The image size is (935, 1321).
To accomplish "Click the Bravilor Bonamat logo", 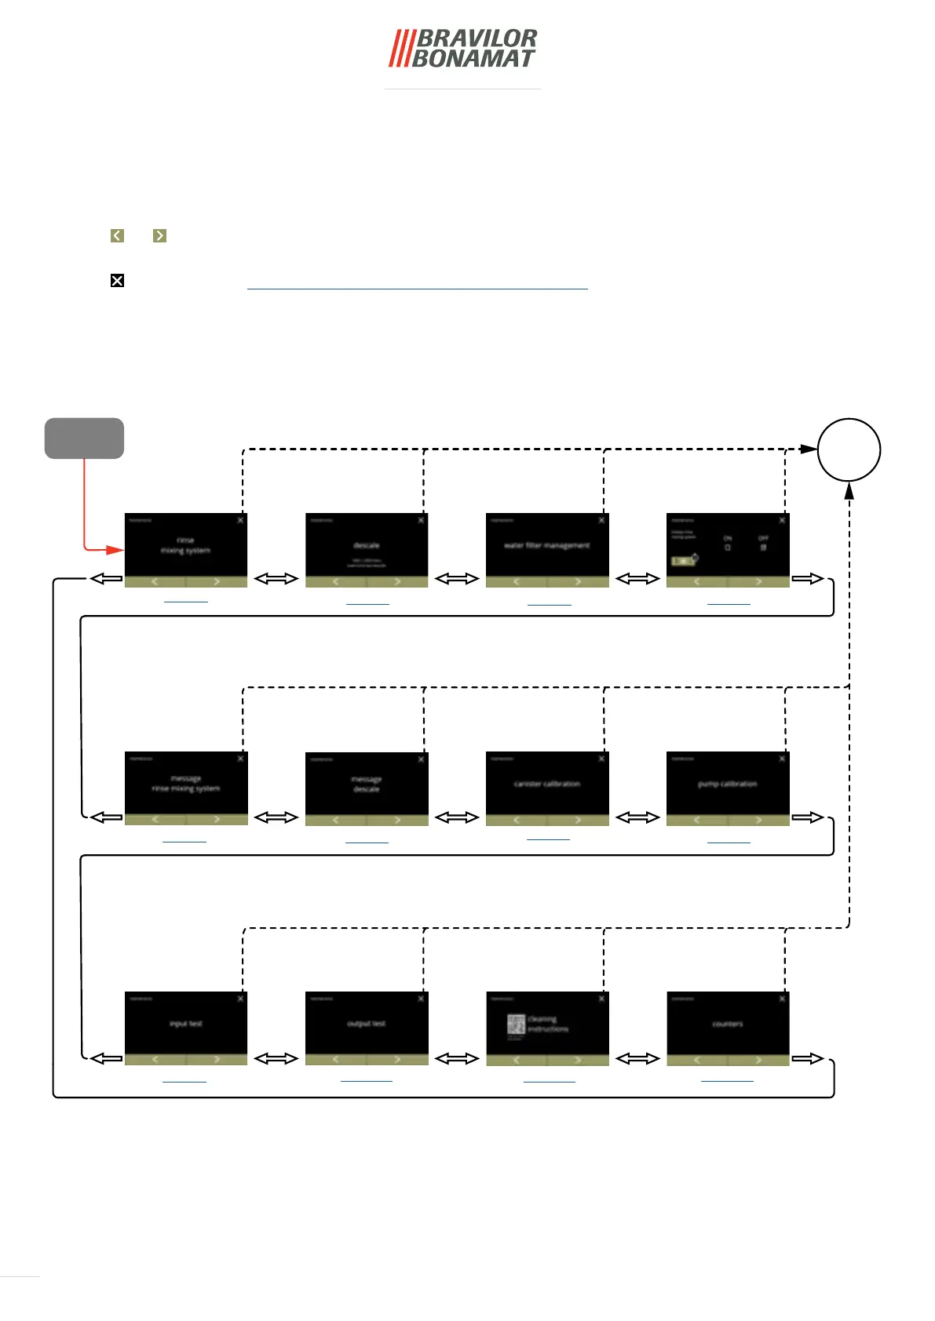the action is pos(462,49).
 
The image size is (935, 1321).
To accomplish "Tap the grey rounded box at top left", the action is pos(84,438).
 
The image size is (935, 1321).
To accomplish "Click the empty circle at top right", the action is pos(849,449).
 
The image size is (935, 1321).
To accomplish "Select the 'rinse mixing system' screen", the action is pos(186,545).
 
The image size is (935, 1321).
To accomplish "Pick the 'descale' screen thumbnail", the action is pos(367,545).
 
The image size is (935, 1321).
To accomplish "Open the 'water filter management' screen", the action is pos(547,545).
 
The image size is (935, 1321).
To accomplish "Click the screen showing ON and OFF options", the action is pos(728,545).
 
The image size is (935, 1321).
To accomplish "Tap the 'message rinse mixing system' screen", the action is pos(186,784).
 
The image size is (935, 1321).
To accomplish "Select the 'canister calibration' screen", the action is pos(547,784).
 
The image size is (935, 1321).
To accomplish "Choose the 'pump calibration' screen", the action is pos(728,784).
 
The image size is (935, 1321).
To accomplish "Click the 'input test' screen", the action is pos(186,1023).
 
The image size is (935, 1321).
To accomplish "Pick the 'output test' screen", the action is pos(367,1023).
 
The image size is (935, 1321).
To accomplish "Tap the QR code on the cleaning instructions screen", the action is pos(516,1024).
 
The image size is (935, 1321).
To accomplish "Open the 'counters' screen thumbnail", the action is pos(728,1023).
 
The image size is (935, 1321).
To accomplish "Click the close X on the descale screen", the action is pos(421,520).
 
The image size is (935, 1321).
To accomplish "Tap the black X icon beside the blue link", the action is pos(117,280).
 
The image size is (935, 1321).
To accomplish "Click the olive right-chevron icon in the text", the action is pos(159,235).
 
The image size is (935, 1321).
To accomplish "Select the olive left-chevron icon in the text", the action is pos(117,235).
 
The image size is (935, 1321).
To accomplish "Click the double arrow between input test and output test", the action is pos(276,1058).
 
